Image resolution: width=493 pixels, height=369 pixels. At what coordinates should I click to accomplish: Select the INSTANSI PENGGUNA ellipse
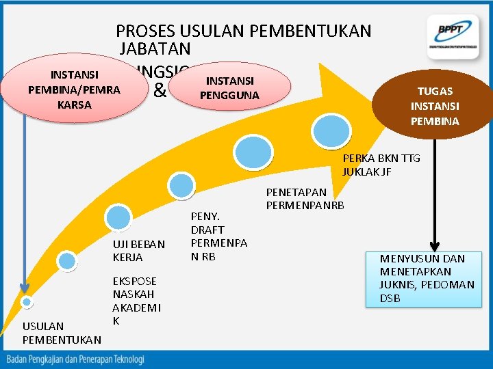pos(229,88)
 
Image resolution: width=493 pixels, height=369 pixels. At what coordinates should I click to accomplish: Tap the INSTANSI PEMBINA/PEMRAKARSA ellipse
pos(74,90)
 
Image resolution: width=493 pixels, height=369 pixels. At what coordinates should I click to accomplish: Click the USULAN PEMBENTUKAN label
pos(62,333)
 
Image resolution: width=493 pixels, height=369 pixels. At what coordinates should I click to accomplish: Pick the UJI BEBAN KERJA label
pos(139,251)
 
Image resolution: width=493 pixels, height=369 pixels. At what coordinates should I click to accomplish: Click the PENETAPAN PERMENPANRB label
pos(305,199)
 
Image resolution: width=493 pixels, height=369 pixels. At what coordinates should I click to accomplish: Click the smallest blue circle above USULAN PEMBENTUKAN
pos(27,301)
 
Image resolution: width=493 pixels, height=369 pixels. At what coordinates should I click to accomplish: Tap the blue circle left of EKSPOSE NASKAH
pos(66,260)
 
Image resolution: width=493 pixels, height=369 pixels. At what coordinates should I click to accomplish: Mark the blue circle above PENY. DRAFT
pos(182,183)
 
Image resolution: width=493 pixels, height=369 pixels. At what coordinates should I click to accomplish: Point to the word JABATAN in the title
pos(155,49)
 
